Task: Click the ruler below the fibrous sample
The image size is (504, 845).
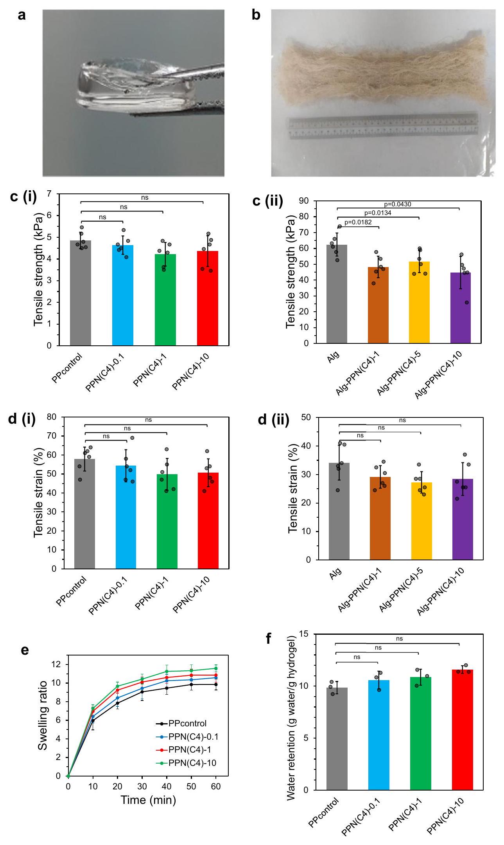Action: click(383, 126)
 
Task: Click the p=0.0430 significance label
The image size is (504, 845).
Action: click(398, 204)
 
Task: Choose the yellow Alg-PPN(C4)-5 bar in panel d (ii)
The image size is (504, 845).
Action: click(421, 521)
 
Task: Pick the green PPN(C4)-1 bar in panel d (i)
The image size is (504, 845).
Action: click(167, 521)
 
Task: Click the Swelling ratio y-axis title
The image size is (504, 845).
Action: click(43, 715)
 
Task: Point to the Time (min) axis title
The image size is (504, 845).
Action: click(148, 800)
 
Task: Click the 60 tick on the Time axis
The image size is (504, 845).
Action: click(216, 787)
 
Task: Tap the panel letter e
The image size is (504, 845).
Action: click(25, 650)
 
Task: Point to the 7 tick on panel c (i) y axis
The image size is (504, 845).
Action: click(49, 193)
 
